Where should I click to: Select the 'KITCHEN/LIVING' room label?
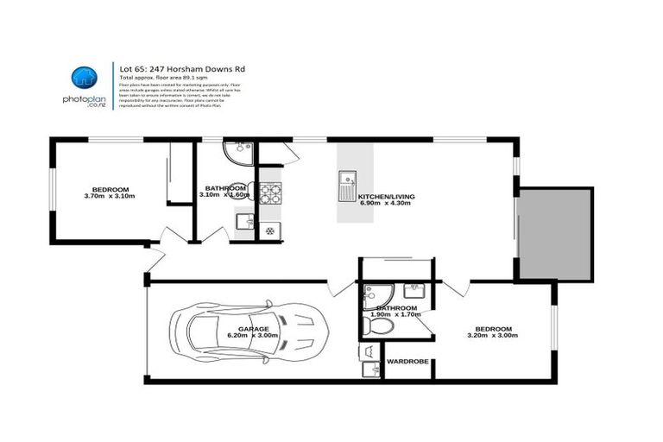pos(386,197)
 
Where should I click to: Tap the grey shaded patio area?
pos(555,234)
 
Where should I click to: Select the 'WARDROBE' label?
pos(407,362)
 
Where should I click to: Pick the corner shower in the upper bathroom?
pos(233,153)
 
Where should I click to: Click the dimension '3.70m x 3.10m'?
pos(110,197)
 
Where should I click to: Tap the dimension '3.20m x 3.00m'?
pos(494,337)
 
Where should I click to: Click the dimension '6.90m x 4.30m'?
pos(386,205)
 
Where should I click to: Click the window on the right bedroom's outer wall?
pos(553,332)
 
